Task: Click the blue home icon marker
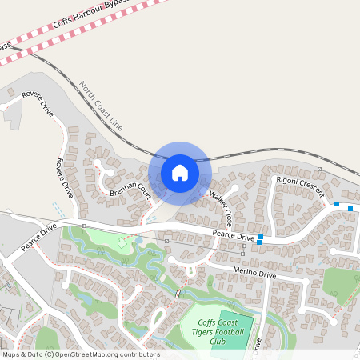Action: [x=180, y=173]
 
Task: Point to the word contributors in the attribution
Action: [x=138, y=354]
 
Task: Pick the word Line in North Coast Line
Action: [x=117, y=123]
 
